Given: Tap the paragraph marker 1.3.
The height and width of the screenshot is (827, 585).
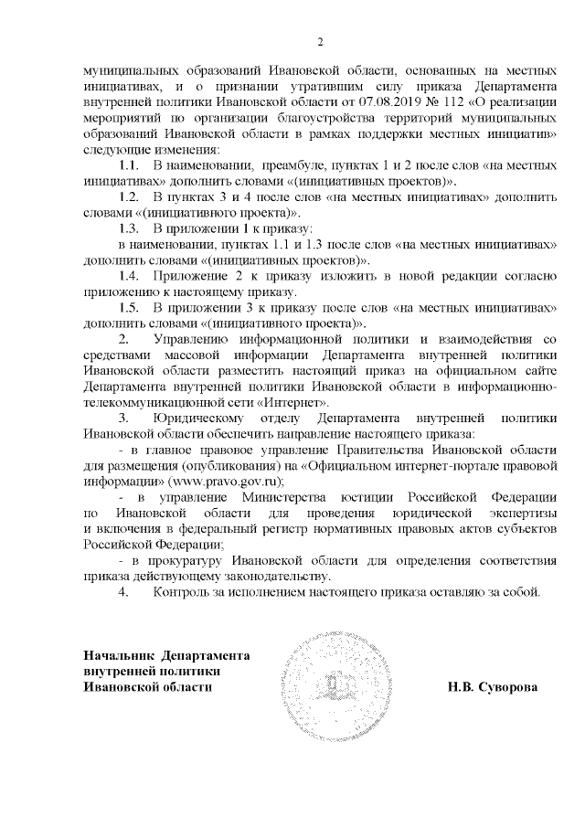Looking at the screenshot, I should pyautogui.click(x=129, y=227).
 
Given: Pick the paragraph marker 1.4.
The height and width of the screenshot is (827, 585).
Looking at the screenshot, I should pyautogui.click(x=129, y=275).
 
